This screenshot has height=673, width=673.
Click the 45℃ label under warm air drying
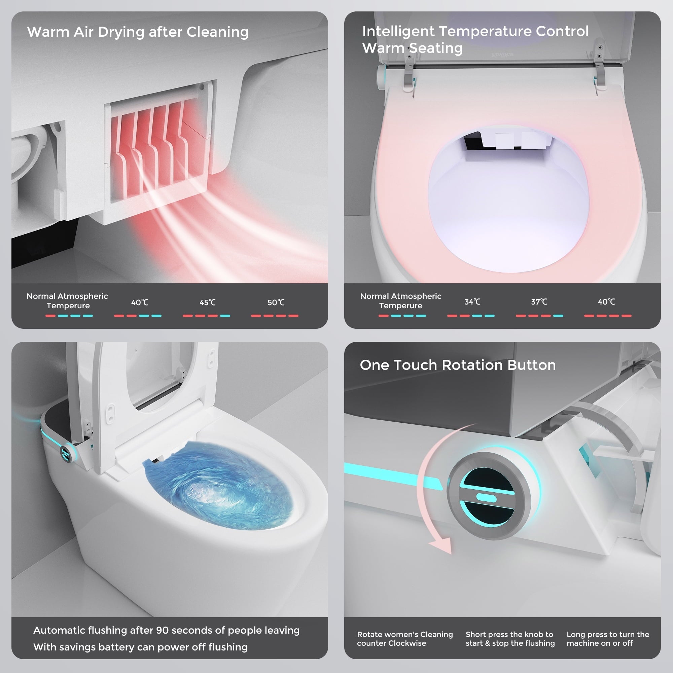point(208,303)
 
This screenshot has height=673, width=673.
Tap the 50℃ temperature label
point(276,303)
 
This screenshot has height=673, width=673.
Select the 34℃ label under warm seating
point(472,302)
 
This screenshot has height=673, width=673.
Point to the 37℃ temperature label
point(539,302)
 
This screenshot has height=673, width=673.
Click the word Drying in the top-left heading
point(121,32)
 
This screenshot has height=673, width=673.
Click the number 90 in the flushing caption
point(162,630)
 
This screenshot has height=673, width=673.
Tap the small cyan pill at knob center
point(486,498)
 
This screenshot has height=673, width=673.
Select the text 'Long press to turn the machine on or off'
point(607,639)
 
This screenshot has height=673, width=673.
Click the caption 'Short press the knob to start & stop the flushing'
point(510,639)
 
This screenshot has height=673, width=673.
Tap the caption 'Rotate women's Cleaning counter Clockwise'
point(405,639)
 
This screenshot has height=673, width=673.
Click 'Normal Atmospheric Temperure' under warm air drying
point(67,300)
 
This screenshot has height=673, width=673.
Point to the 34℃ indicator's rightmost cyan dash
point(489,316)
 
